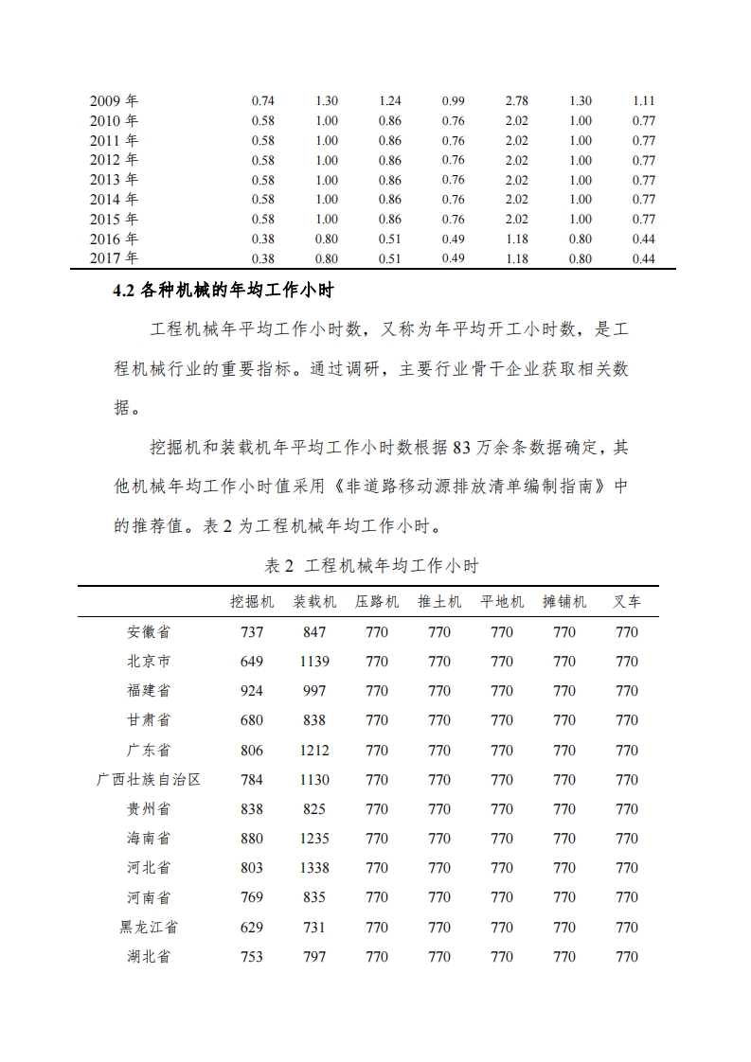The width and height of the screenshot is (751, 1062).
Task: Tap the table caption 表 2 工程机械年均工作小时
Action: tap(372, 566)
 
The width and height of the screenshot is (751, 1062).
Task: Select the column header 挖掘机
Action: tap(252, 602)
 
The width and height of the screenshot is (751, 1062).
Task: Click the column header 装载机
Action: tap(314, 602)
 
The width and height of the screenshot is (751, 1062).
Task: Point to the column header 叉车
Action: tap(627, 602)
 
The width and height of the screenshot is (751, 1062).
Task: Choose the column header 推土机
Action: tap(439, 602)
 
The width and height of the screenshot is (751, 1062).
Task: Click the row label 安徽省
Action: tap(149, 632)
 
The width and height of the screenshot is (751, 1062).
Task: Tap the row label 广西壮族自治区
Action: tap(149, 780)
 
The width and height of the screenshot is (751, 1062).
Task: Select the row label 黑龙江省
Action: tap(149, 928)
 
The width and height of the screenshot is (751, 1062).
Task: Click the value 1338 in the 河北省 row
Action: tap(314, 868)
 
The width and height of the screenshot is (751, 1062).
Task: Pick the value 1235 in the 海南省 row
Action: tap(314, 839)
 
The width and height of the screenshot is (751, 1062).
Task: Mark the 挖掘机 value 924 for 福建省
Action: tap(252, 691)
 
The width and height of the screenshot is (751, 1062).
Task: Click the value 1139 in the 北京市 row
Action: tap(314, 662)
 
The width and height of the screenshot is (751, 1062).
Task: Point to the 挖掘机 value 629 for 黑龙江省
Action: tap(252, 928)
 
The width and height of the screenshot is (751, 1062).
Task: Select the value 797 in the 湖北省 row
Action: tap(314, 957)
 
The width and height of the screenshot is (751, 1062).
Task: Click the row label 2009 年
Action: tap(114, 100)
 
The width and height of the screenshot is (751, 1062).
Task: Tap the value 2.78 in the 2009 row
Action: tap(517, 100)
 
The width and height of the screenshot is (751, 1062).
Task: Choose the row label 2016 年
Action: tap(114, 239)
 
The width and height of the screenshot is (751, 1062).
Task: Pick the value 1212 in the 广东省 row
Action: tap(314, 751)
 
